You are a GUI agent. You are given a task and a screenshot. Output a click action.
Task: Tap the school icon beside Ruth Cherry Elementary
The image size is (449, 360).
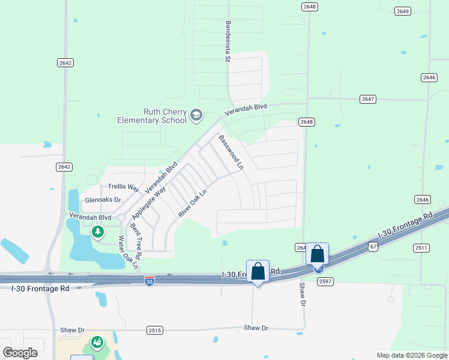pyautogui.click(x=196, y=115)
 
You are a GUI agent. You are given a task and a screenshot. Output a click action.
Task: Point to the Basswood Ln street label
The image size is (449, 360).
pyautogui.click(x=231, y=151)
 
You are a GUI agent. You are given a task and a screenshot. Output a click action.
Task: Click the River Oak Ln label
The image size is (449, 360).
pyautogui.click(x=192, y=203)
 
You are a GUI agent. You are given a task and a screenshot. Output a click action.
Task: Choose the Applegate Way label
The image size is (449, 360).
pyautogui.click(x=148, y=202)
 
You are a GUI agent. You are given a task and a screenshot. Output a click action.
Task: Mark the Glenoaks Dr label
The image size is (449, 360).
pyautogui.click(x=103, y=200)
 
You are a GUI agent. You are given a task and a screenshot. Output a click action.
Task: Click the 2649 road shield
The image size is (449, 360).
pyautogui.click(x=402, y=11)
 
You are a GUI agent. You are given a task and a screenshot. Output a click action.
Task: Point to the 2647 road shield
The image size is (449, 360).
pyautogui.click(x=367, y=99)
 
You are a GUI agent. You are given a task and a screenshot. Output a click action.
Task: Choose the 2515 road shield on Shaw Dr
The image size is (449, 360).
pyautogui.click(x=155, y=330)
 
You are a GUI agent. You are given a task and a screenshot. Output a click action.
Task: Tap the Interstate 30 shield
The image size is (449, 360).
pyautogui.click(x=149, y=280)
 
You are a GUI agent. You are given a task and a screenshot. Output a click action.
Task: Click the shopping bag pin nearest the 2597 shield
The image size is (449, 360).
pyautogui.click(x=318, y=254)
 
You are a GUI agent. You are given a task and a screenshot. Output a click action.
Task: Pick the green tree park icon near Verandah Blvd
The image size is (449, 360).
pyautogui.click(x=97, y=231)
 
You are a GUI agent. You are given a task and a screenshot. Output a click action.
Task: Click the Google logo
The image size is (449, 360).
pyautogui.click(x=20, y=353)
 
